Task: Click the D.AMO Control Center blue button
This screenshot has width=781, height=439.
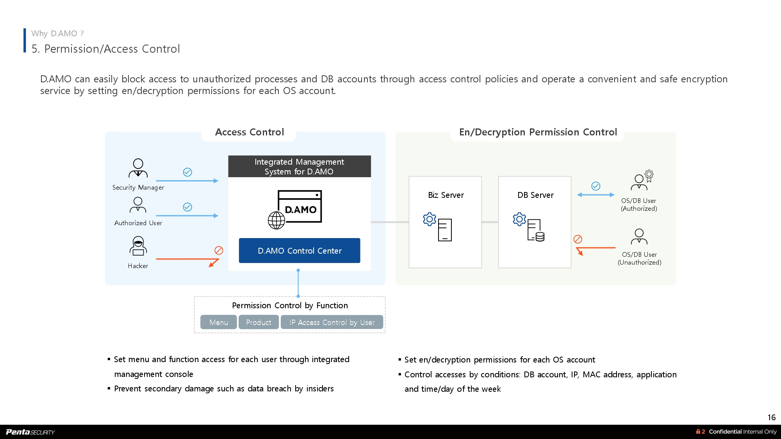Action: [x=300, y=251]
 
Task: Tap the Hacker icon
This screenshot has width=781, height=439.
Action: [x=138, y=246]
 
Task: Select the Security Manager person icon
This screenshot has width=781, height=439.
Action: [x=138, y=168]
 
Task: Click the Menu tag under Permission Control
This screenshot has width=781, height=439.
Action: [x=218, y=322]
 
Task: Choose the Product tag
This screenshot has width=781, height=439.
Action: [x=259, y=322]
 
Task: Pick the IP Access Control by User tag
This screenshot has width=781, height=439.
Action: [x=332, y=322]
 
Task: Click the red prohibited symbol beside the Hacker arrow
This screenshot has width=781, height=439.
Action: [x=219, y=251]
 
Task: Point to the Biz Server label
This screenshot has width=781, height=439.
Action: [x=446, y=195]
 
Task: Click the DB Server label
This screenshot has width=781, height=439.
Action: [x=535, y=195]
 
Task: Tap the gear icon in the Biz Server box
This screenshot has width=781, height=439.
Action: [x=429, y=219]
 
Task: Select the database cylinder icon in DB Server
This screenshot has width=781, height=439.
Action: [x=540, y=236]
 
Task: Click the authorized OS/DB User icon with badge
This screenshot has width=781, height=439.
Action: [x=642, y=180]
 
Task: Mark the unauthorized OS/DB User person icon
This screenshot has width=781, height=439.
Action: [x=639, y=236]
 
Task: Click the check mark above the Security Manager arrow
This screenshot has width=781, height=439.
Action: [x=187, y=172]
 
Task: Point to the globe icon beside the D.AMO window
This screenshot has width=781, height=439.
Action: [x=276, y=220]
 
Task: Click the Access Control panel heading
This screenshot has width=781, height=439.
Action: [x=249, y=132]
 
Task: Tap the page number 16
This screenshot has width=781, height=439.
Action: [x=771, y=418]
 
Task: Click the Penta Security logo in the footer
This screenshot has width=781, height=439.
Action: [x=30, y=432]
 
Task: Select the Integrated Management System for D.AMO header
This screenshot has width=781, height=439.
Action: [x=299, y=167]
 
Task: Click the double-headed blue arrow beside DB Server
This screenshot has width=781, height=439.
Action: [x=596, y=195]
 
